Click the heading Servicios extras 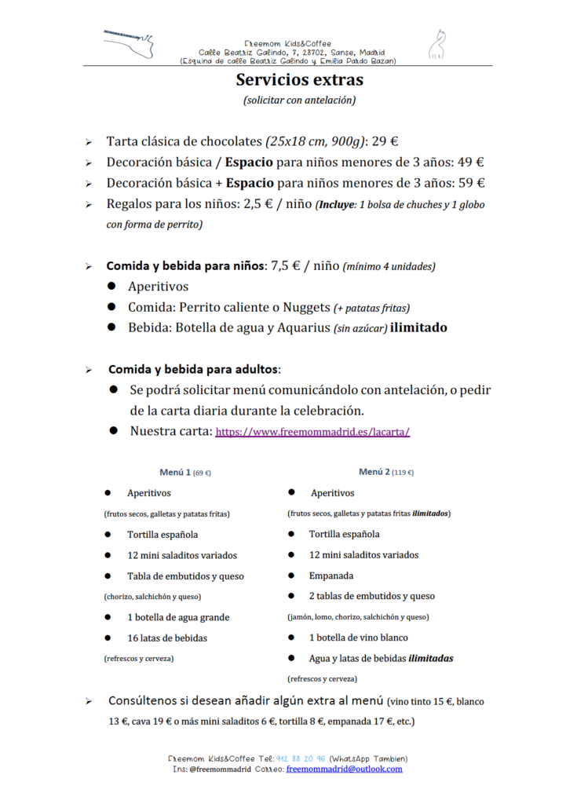[x=299, y=80]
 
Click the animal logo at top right [x=436, y=45]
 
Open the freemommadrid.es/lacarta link [x=312, y=432]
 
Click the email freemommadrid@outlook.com [x=344, y=769]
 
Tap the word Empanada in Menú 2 [x=330, y=576]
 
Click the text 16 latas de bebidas [x=167, y=638]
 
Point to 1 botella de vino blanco [x=358, y=638]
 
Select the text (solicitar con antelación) [x=299, y=100]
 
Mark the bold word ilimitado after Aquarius [x=418, y=327]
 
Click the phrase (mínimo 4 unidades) [x=389, y=267]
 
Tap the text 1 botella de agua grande [x=178, y=617]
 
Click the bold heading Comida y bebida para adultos [x=193, y=369]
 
